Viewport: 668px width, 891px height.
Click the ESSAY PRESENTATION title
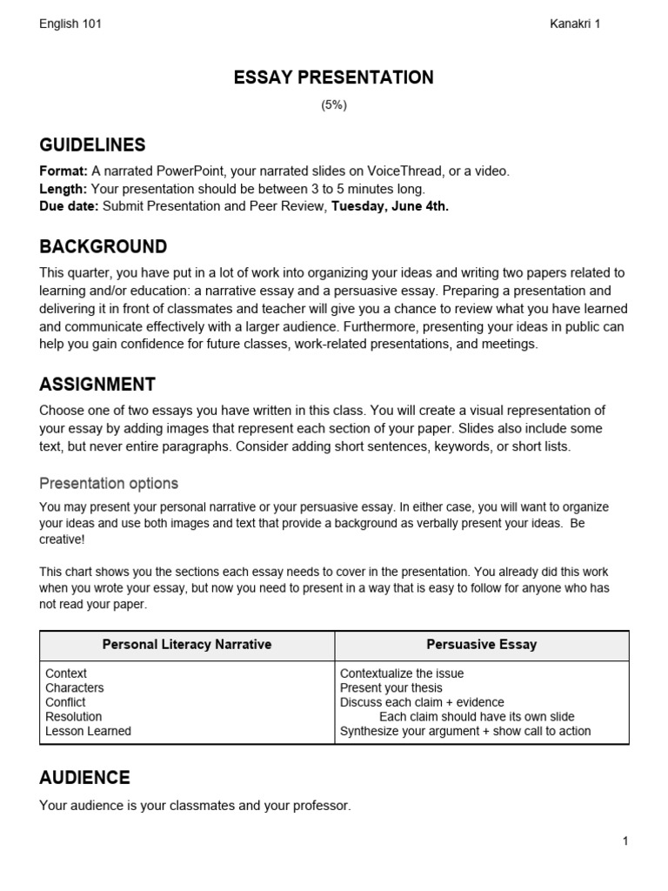pos(333,78)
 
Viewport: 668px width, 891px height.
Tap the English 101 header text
pos(70,23)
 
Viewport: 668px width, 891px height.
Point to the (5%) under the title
pos(333,104)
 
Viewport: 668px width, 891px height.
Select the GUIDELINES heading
pos(92,144)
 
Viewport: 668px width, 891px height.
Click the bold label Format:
pos(63,171)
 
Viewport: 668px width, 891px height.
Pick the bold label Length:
pos(63,189)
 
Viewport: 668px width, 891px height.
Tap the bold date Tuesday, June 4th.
pos(390,206)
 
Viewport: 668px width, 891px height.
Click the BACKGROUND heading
pos(103,246)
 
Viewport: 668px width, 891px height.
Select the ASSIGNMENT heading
pos(97,384)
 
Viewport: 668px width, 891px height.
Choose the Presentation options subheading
pos(109,483)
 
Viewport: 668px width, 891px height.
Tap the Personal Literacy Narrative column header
pos(187,645)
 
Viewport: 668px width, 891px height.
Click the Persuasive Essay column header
pos(481,645)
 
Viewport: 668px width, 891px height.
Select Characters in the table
pos(74,687)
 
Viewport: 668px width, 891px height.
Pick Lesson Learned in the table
pos(88,731)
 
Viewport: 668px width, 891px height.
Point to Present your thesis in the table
pos(391,687)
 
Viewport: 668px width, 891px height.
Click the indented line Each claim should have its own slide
pos(477,717)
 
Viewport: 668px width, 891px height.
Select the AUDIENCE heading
pos(84,777)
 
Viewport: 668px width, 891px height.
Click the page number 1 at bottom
pos(625,841)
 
